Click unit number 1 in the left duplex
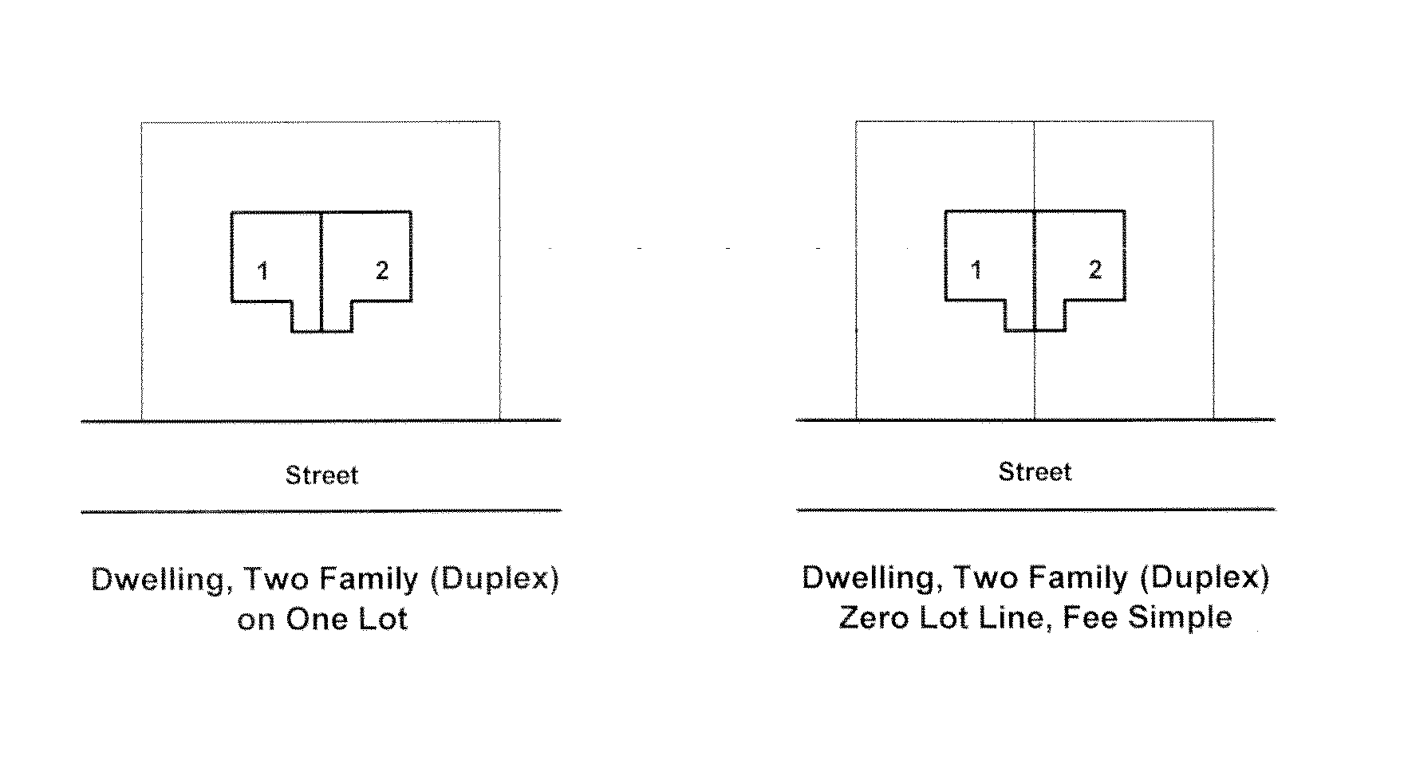(x=262, y=271)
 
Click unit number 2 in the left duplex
(x=382, y=270)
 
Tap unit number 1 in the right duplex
(x=976, y=270)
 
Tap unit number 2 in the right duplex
(x=1095, y=270)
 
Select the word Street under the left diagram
(x=322, y=475)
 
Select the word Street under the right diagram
(x=1035, y=471)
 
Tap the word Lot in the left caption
(x=382, y=620)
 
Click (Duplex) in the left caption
(x=494, y=578)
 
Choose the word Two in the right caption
(x=985, y=577)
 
